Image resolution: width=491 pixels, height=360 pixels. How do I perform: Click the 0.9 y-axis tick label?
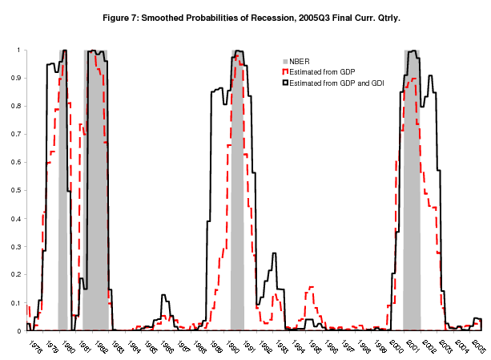pos(17,78)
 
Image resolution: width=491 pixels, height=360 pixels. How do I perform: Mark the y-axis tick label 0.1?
pos(17,303)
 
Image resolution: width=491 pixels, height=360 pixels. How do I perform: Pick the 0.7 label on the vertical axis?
pos(17,134)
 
